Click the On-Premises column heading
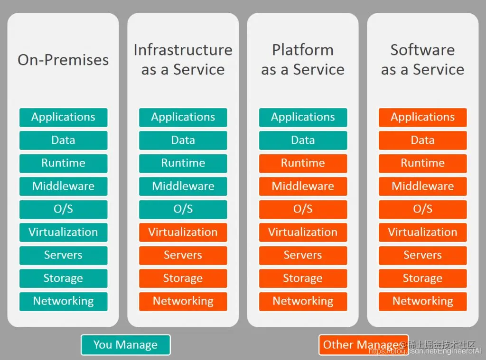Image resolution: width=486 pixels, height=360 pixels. point(63,60)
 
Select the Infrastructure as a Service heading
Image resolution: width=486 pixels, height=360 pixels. point(183,60)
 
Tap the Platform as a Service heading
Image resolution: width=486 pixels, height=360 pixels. point(303,60)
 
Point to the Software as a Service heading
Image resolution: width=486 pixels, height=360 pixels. point(422,60)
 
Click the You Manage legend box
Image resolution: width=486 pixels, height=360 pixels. point(125,345)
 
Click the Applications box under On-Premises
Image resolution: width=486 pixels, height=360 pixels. point(63,117)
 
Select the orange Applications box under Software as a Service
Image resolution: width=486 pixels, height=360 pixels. point(422,117)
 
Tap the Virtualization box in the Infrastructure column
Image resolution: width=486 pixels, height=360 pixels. point(183,232)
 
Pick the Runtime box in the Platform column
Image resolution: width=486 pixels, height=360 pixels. point(303,163)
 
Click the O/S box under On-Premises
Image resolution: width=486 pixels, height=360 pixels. point(63,209)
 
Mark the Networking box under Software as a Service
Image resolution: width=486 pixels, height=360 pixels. point(422,301)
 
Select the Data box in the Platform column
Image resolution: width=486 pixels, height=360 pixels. point(303,140)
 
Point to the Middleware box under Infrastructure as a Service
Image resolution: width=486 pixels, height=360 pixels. point(183,186)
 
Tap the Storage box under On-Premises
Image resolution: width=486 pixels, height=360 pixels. point(63,278)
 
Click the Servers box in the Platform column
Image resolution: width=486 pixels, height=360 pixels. point(303,255)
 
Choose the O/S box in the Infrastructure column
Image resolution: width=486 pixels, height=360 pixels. point(183,209)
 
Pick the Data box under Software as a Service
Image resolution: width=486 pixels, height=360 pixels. point(422,140)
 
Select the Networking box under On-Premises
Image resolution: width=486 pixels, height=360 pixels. point(63,301)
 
